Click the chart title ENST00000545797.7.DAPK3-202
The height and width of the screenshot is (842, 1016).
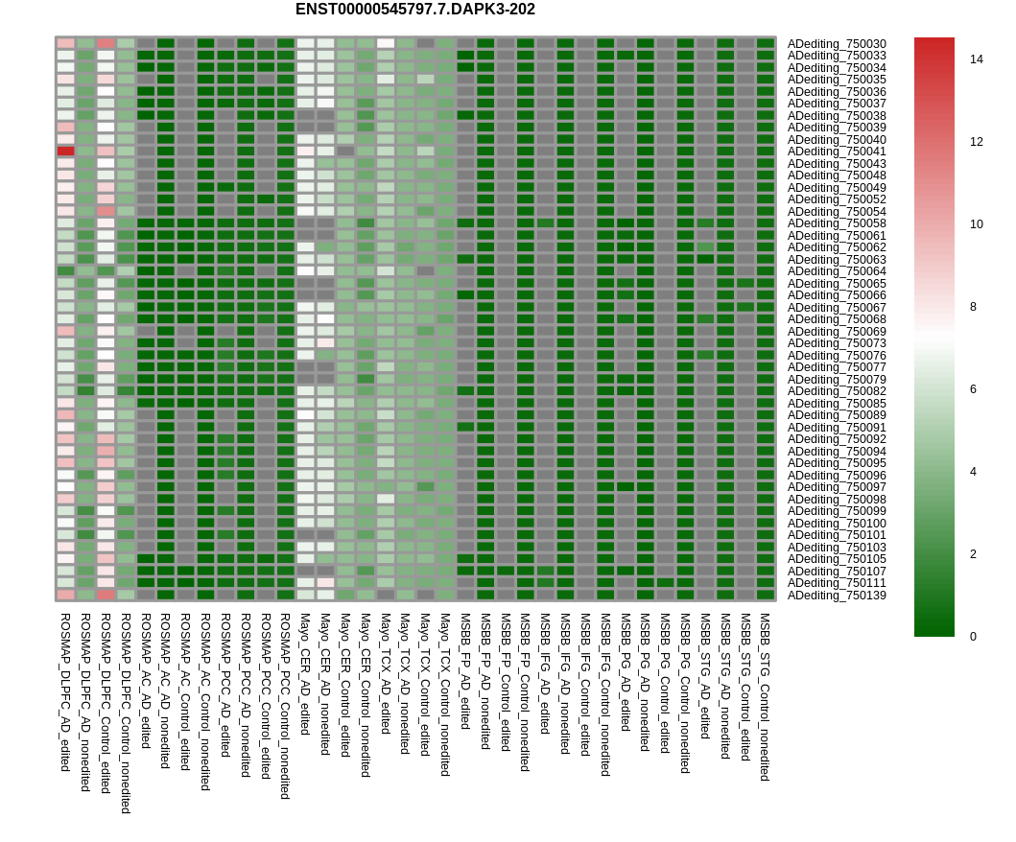[414, 9]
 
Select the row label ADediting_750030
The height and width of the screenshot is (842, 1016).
[837, 44]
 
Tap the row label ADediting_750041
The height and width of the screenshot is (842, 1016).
[837, 152]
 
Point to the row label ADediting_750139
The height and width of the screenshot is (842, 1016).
[837, 596]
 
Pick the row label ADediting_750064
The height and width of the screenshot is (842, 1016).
[837, 271]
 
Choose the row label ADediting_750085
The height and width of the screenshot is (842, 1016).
[837, 404]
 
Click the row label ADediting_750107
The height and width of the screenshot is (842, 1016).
[837, 572]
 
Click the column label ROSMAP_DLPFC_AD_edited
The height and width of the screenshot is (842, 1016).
[65, 692]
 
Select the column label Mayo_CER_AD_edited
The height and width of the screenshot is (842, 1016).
[304, 674]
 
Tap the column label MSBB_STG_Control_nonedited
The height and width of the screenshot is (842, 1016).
[766, 697]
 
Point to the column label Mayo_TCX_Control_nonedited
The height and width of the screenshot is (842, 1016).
[444, 695]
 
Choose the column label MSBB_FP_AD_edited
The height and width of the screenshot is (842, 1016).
[464, 671]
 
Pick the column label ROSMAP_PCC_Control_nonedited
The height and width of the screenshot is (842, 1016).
[284, 706]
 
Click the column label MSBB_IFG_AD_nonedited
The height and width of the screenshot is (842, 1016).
[564, 684]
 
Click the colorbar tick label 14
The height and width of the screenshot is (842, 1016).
[977, 59]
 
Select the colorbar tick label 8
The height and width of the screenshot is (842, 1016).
[973, 307]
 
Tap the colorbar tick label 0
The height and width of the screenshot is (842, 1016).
[973, 637]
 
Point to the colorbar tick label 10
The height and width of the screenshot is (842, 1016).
[977, 224]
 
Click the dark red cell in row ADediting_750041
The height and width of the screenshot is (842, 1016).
[65, 152]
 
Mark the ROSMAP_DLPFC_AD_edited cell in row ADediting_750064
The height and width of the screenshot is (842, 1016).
[65, 271]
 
